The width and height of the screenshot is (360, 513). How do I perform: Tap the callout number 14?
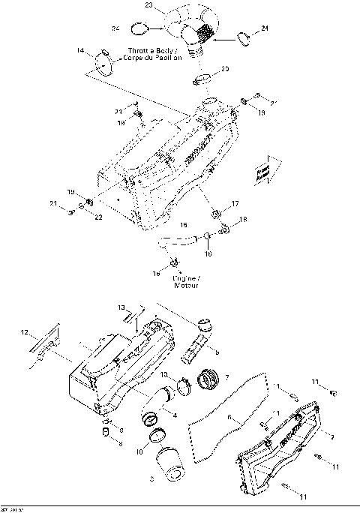[80, 50]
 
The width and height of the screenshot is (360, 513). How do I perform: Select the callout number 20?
[225, 69]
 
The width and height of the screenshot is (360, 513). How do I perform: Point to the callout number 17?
[235, 203]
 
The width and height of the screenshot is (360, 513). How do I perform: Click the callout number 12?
[24, 332]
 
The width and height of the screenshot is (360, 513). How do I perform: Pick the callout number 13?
[121, 307]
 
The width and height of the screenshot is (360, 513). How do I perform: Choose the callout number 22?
[98, 217]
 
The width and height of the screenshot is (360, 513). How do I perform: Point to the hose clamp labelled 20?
[202, 79]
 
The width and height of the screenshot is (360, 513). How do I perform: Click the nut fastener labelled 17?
[217, 214]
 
